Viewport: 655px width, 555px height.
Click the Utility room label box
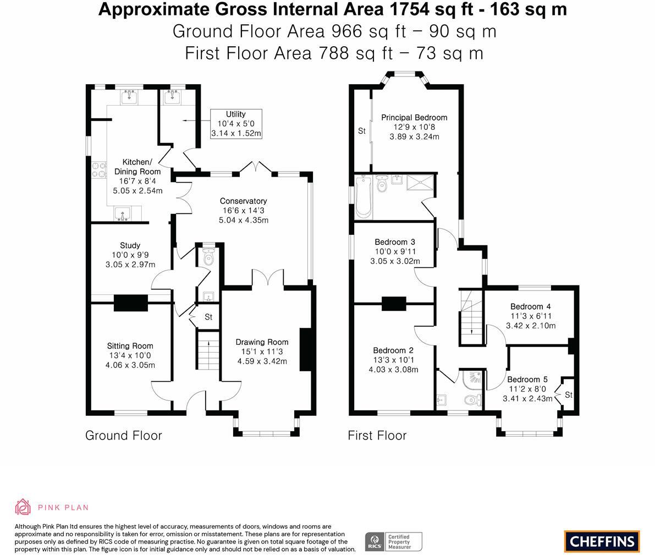click(236, 124)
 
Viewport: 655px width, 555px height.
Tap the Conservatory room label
click(244, 210)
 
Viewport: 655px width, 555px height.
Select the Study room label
click(130, 255)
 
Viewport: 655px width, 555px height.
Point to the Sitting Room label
click(130, 355)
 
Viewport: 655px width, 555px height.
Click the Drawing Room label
click(262, 351)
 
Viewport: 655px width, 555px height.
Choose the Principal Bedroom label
click(414, 127)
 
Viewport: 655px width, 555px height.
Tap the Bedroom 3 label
click(395, 251)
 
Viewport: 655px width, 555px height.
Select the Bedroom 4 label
click(531, 316)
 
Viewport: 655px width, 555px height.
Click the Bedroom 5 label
click(527, 389)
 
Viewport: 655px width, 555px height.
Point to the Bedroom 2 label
click(393, 360)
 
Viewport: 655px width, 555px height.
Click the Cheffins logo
click(602, 542)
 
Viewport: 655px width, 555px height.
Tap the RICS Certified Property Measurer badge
click(394, 542)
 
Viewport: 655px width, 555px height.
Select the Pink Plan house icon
click(23, 507)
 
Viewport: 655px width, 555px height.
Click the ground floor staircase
click(208, 350)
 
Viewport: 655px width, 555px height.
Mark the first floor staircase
click(471, 317)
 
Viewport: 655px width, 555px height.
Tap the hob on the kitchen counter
click(99, 169)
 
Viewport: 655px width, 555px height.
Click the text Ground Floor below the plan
click(124, 436)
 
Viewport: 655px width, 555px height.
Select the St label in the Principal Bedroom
click(362, 131)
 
